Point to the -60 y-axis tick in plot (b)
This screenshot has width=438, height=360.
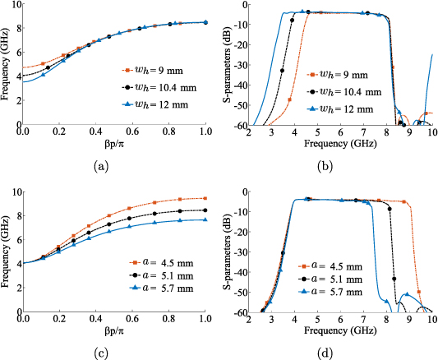tap(242, 125)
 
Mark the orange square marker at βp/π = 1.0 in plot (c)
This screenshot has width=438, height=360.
tap(205, 198)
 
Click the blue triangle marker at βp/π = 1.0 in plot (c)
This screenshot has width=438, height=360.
tap(205, 219)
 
